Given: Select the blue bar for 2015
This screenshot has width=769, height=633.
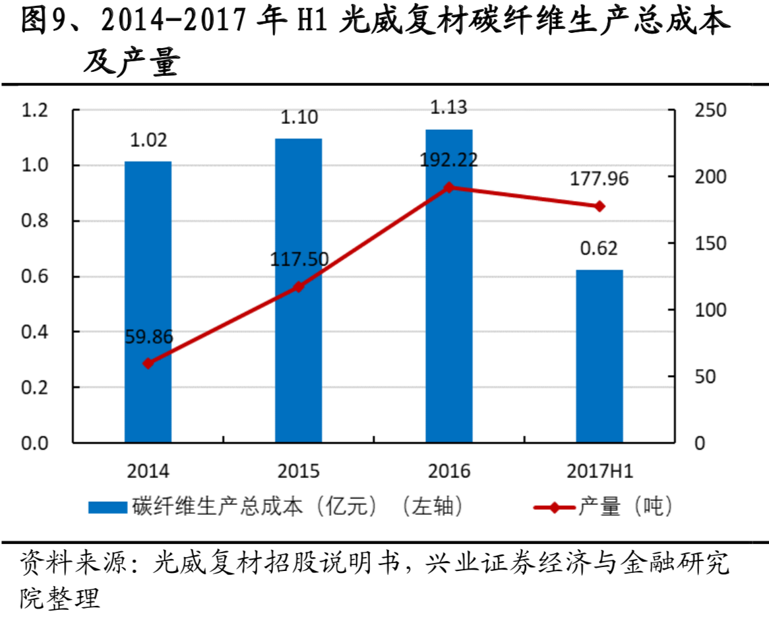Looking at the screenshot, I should (298, 290).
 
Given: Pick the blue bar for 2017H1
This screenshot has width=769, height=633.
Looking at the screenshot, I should (599, 356).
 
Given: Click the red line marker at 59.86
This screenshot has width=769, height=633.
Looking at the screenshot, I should (148, 363).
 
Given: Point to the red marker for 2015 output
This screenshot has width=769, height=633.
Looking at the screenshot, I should (298, 287).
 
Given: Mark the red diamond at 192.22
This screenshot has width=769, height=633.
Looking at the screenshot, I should (448, 187).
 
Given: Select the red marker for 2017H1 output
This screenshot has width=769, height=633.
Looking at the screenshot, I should (599, 206).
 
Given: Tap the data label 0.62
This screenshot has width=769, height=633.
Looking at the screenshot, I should (599, 249).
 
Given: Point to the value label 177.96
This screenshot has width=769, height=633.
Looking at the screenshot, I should (599, 179).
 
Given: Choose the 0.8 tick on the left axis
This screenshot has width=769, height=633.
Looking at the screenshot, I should (36, 221).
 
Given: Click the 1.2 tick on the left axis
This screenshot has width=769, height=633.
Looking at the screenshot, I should (36, 110).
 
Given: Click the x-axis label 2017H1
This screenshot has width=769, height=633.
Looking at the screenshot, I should (599, 471).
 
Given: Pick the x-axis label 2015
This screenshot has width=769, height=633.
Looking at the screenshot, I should (298, 471).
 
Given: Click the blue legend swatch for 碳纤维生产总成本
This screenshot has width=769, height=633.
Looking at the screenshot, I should (108, 507).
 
